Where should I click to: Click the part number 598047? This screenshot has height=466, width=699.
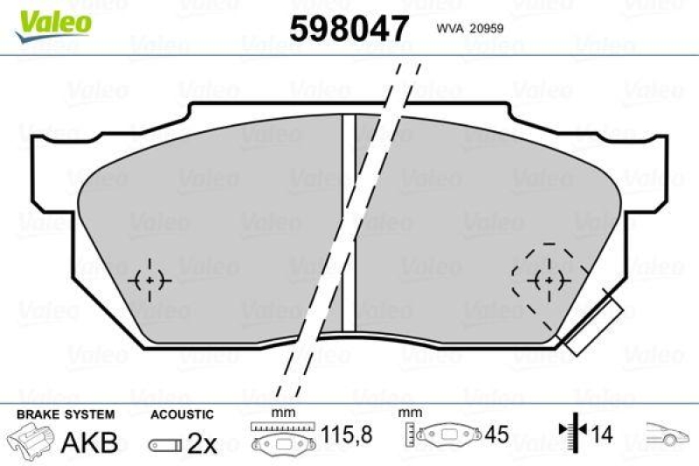pos(349,29)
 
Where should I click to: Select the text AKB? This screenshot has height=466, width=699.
pos(88,442)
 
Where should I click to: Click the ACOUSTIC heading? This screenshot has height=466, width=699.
pos(182,414)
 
